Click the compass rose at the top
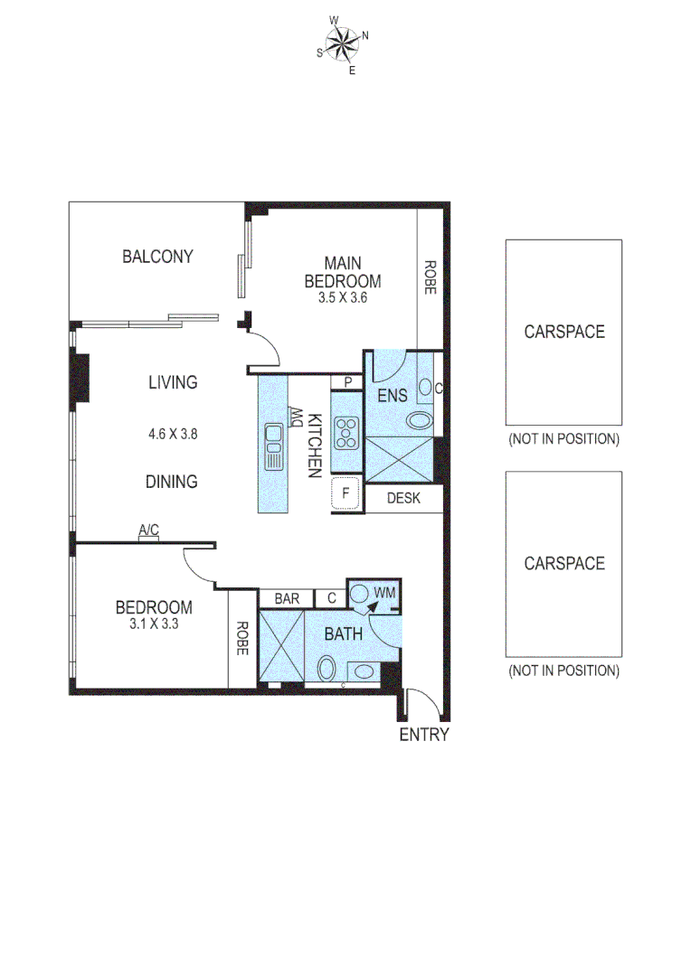click(342, 42)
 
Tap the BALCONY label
click(157, 257)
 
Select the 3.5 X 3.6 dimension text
click(342, 296)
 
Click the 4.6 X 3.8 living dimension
click(173, 433)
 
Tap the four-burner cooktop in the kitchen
click(346, 433)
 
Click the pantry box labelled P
click(346, 383)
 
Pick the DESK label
click(403, 498)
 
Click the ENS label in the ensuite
click(393, 395)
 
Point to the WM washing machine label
click(385, 593)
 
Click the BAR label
click(287, 598)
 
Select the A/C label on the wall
click(149, 530)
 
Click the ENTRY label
click(424, 735)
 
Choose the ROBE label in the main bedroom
click(431, 278)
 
